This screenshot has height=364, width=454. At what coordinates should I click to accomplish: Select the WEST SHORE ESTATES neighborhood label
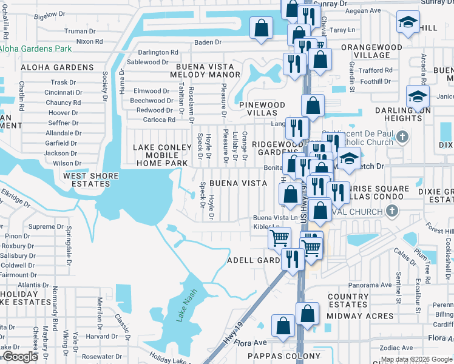[93, 180]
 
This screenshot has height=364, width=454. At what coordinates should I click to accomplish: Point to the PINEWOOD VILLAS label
[262, 109]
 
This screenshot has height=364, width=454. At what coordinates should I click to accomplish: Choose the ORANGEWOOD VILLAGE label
[371, 51]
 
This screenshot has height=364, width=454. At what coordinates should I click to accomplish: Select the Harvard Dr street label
[97, 336]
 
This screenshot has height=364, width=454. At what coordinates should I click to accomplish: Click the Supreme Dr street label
[42, 226]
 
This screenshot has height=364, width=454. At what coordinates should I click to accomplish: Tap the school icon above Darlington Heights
[418, 95]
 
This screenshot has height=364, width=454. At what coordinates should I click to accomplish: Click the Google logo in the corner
[19, 357]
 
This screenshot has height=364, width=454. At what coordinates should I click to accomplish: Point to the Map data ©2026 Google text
[416, 359]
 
